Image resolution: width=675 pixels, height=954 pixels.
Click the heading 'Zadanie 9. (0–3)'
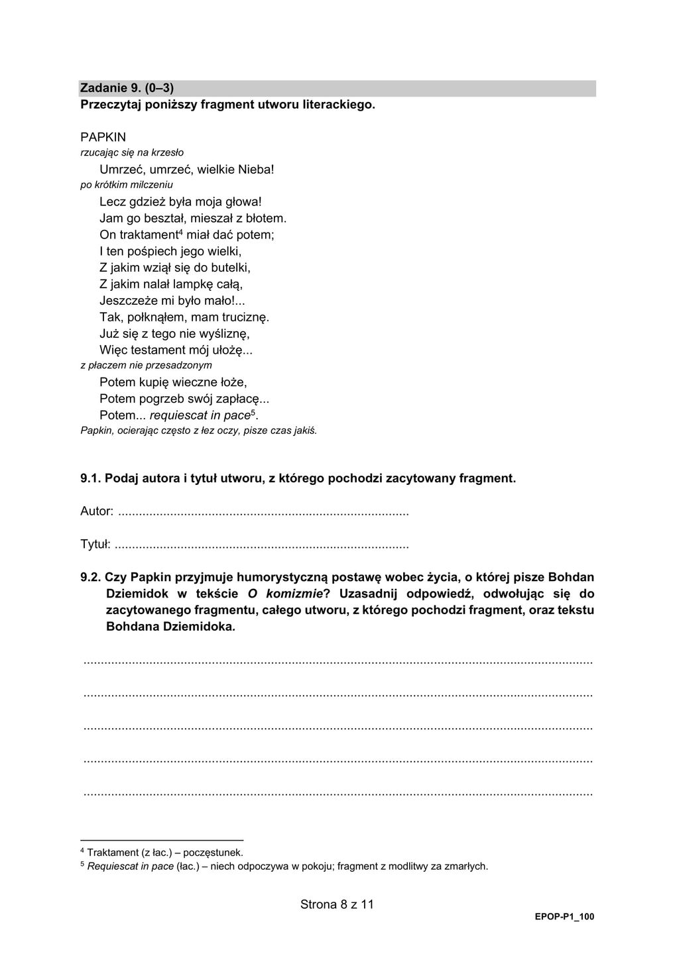[127, 87]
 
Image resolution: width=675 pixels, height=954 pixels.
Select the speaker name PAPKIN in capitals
[103, 137]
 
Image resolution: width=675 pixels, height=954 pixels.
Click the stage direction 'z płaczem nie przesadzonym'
[146, 365]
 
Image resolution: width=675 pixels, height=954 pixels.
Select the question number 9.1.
[90, 478]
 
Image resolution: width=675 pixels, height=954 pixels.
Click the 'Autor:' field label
[97, 511]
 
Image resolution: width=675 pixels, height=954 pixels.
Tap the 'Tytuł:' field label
[95, 545]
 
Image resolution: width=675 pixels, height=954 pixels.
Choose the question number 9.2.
[90, 577]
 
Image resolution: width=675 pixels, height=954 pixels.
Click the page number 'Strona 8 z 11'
[337, 904]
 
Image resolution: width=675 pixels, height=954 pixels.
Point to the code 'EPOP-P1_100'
[564, 917]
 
